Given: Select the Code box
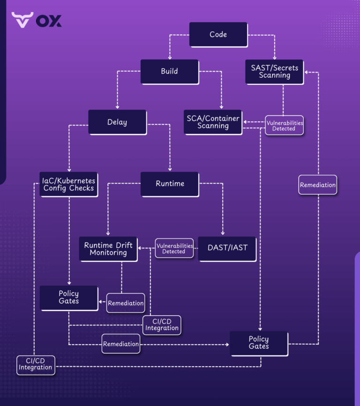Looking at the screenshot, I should click(218, 34).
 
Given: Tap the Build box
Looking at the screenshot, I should click(169, 71).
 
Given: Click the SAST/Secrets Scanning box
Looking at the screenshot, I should click(274, 72).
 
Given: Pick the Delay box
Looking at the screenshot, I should click(117, 122).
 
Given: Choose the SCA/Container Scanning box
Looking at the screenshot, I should click(213, 122).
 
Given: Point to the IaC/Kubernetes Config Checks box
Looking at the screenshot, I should click(68, 184).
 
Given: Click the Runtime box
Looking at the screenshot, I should click(170, 184).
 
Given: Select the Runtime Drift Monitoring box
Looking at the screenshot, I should click(108, 249).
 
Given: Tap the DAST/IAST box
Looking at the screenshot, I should click(227, 248).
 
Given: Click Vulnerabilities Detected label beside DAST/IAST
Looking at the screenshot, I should click(174, 249).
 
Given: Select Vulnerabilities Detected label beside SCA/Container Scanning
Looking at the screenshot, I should click(284, 125).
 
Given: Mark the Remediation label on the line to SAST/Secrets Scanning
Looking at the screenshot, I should click(318, 185).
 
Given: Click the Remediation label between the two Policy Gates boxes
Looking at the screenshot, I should click(121, 344).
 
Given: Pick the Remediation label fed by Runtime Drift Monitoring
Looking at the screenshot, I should click(126, 303).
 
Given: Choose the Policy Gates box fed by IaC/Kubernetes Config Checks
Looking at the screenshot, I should click(69, 298).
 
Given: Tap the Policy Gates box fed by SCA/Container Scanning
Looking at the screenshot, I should click(259, 343).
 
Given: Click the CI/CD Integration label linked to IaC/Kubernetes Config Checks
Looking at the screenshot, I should click(35, 365).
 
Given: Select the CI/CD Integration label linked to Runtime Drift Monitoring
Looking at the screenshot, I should click(162, 325).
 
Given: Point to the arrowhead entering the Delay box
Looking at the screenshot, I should click(117, 107).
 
